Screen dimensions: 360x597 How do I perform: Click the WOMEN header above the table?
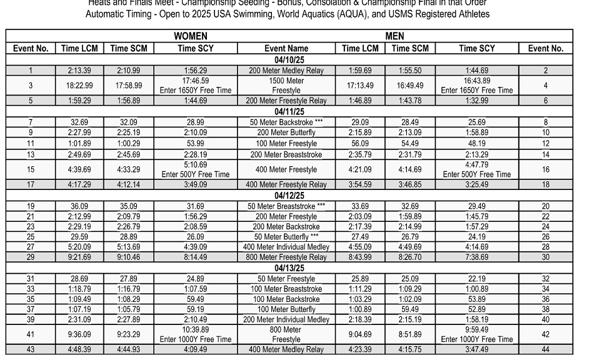(190, 36)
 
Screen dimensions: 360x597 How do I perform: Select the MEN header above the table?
(394, 36)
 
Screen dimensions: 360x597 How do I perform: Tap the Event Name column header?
(286, 48)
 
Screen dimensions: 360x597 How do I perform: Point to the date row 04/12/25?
(289, 196)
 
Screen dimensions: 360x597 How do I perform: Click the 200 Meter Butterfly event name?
(286, 133)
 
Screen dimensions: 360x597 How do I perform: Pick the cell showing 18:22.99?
(79, 86)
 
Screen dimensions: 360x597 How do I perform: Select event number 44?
(545, 349)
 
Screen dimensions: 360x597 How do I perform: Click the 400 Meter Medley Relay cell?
(286, 349)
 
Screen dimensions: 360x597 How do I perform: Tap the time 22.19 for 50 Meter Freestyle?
(476, 279)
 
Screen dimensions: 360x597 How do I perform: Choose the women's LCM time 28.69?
(79, 279)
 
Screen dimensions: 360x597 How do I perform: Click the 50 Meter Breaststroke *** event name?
(286, 206)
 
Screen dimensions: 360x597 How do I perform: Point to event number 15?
(31, 169)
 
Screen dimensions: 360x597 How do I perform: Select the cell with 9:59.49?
(476, 330)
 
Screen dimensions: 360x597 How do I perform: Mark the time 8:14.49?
(195, 257)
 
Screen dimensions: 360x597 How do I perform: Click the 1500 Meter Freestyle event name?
(286, 86)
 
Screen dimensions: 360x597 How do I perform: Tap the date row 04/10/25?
(289, 60)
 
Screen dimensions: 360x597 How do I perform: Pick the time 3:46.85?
(410, 184)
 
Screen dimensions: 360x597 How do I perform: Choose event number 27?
(31, 247)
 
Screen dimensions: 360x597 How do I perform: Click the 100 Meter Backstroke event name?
(286, 299)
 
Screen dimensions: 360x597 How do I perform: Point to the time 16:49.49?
(410, 86)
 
